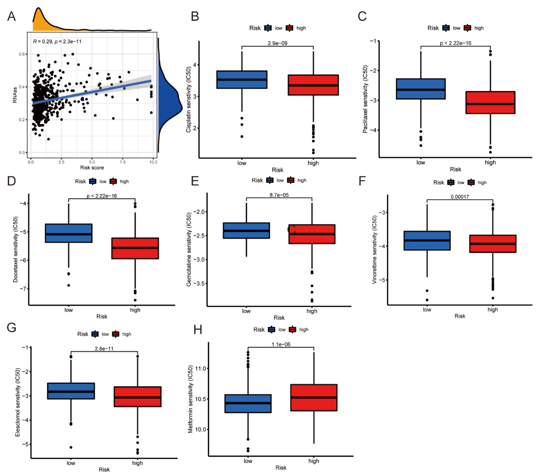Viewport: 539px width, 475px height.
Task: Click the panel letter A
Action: [x=11, y=16]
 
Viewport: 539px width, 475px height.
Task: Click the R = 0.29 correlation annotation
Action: [x=57, y=41]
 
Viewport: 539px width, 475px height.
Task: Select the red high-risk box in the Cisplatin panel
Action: [x=313, y=85]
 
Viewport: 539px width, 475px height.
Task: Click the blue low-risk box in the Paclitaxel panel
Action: [x=421, y=89]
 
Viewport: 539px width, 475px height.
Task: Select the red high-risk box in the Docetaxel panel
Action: [x=135, y=248]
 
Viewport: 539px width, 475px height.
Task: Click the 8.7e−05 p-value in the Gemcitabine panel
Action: [x=279, y=195]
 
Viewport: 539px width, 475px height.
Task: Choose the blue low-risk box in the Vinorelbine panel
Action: [x=427, y=240]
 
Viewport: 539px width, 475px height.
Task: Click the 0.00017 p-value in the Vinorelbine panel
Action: [x=460, y=197]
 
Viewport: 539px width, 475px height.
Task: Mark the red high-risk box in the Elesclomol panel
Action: [x=137, y=397]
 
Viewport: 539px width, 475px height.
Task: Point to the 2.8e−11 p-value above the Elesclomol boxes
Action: [x=104, y=349]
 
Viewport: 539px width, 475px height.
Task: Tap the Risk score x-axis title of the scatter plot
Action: [x=92, y=168]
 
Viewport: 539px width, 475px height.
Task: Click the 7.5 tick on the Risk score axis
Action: [x=123, y=162]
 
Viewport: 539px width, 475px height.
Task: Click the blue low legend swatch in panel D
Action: [x=93, y=181]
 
